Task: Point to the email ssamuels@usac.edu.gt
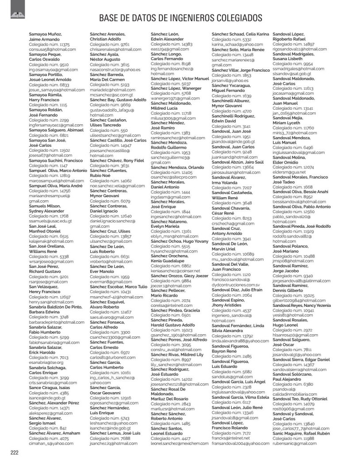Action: tap(50, 221)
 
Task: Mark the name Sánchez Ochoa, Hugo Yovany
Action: tap(180, 242)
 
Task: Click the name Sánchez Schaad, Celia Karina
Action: tap(240, 34)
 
